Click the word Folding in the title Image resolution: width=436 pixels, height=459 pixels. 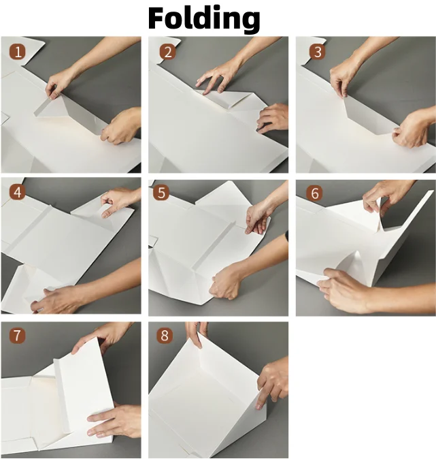point(204,19)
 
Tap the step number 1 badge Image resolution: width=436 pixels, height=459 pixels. point(18,52)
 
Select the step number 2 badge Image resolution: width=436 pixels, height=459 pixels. point(168,52)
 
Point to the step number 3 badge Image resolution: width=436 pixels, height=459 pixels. point(318,52)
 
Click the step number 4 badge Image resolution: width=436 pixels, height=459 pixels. point(18,193)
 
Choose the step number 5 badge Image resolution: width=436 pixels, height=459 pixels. point(161,193)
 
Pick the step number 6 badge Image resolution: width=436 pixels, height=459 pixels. point(315,193)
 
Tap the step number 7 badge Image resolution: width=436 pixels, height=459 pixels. point(18,335)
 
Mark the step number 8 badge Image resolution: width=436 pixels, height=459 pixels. point(165,335)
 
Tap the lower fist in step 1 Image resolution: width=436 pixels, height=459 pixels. point(120,126)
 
